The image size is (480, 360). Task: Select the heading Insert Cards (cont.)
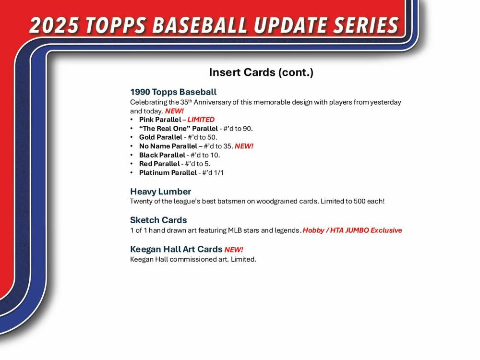(x=261, y=72)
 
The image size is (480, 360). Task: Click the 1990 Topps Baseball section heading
(x=173, y=92)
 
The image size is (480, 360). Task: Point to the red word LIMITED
(x=201, y=120)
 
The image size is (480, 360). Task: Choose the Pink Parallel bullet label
(x=160, y=120)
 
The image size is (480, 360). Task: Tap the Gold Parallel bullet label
(x=161, y=137)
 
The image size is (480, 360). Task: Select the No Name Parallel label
(x=168, y=146)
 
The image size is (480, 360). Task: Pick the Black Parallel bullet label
(x=162, y=155)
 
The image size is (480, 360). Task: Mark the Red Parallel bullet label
(x=159, y=164)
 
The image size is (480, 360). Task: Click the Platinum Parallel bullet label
(x=168, y=173)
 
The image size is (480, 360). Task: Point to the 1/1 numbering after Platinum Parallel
(x=218, y=173)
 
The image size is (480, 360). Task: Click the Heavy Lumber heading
(x=160, y=192)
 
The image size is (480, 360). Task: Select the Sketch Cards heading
(x=158, y=220)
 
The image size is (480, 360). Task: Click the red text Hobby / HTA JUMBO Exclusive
(x=352, y=230)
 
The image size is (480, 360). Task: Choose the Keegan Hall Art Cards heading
(x=176, y=249)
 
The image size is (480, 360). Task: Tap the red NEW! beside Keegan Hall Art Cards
(x=234, y=250)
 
